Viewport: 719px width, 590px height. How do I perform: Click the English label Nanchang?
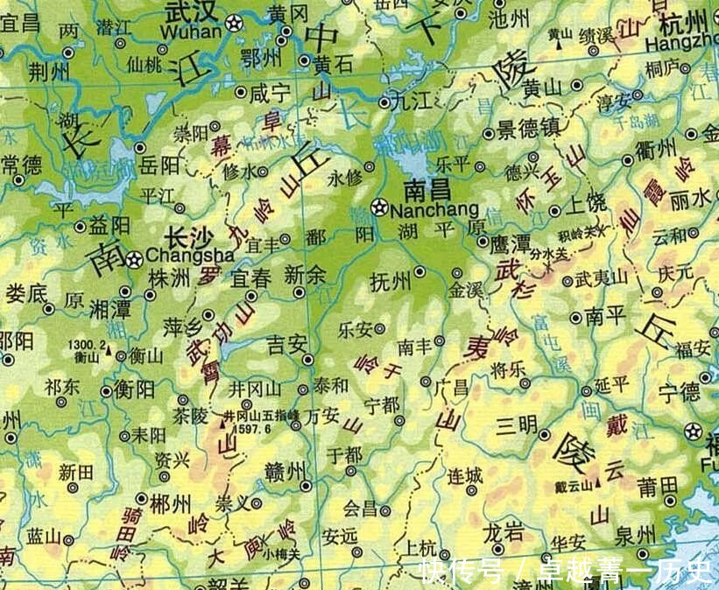434,210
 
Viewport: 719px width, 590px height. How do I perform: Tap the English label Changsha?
190,256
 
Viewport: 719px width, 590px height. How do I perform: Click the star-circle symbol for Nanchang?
378,208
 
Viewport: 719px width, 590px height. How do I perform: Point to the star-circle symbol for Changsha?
134,258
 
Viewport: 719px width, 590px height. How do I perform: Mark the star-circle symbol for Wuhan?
234,24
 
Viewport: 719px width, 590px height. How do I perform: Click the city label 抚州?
391,282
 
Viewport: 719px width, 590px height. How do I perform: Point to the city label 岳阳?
160,166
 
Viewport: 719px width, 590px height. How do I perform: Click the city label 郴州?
171,503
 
